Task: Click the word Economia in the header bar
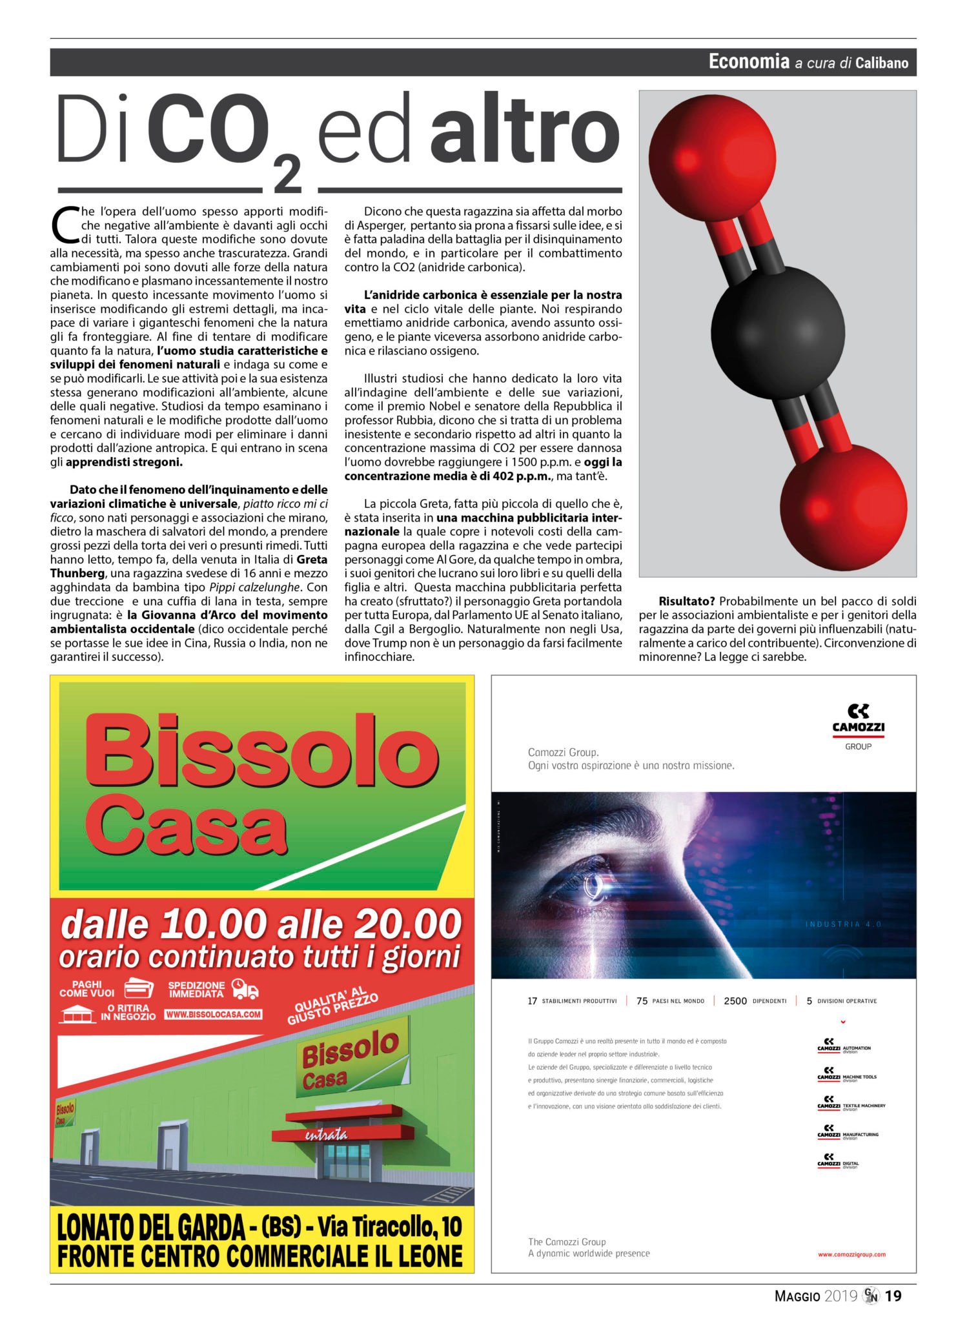[x=749, y=61]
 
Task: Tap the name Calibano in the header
[x=882, y=63]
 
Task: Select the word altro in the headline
[x=525, y=130]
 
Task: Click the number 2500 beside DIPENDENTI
[x=735, y=1001]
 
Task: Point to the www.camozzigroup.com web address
[x=851, y=1254]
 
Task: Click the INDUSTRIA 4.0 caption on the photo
[x=843, y=924]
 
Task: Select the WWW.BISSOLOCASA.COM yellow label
[x=214, y=1014]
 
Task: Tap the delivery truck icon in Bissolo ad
[x=245, y=989]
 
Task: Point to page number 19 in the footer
[x=893, y=1296]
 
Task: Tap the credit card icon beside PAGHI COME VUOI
[x=138, y=988]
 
